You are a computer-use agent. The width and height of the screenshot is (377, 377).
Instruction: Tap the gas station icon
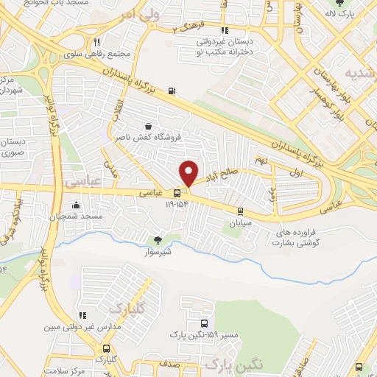point(172,91)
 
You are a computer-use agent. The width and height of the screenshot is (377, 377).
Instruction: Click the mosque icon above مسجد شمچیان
point(75,205)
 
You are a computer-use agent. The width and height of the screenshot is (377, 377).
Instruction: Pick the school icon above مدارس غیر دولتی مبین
point(82,315)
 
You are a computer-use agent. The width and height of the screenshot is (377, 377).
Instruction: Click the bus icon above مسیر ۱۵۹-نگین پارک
point(204,325)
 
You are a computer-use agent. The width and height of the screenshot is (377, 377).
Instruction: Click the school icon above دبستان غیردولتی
point(224,32)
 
